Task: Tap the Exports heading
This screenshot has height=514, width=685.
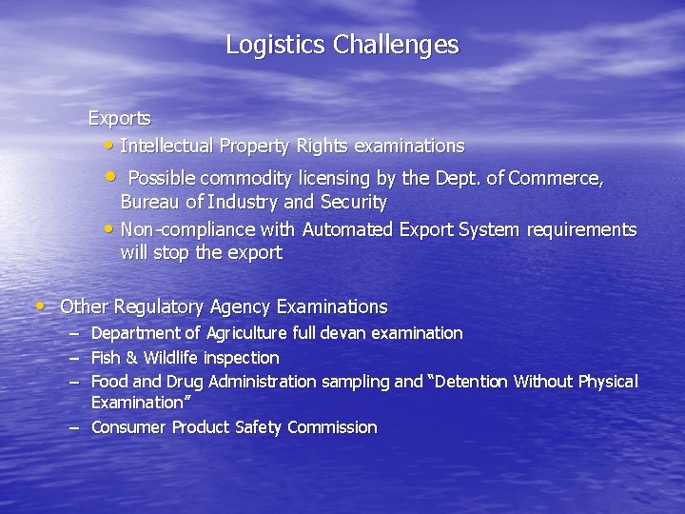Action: click(119, 119)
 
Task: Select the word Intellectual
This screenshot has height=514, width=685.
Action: click(167, 146)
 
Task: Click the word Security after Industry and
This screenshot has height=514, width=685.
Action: click(353, 202)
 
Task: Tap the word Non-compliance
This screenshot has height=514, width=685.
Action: click(174, 229)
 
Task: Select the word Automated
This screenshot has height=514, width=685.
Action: click(347, 229)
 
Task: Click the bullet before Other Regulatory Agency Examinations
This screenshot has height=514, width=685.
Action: click(39, 306)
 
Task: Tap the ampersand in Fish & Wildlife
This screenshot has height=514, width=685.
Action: click(132, 358)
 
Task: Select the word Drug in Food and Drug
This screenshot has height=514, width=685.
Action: click(186, 382)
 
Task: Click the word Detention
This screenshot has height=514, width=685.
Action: click(471, 382)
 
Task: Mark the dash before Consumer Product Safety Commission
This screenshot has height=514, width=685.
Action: click(73, 427)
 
